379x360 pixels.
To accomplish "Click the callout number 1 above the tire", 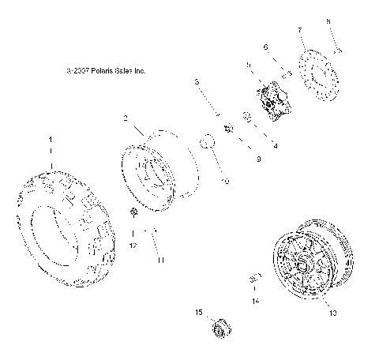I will click(x=51, y=139).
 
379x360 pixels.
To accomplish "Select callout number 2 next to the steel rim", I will click(x=125, y=119).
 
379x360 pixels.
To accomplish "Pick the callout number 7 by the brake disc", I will click(x=301, y=30).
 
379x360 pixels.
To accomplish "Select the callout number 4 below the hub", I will click(x=275, y=146).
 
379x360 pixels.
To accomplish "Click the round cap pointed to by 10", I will click(x=208, y=143).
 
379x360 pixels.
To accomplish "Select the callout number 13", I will click(x=332, y=313).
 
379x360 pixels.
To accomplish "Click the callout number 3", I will click(x=197, y=82).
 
